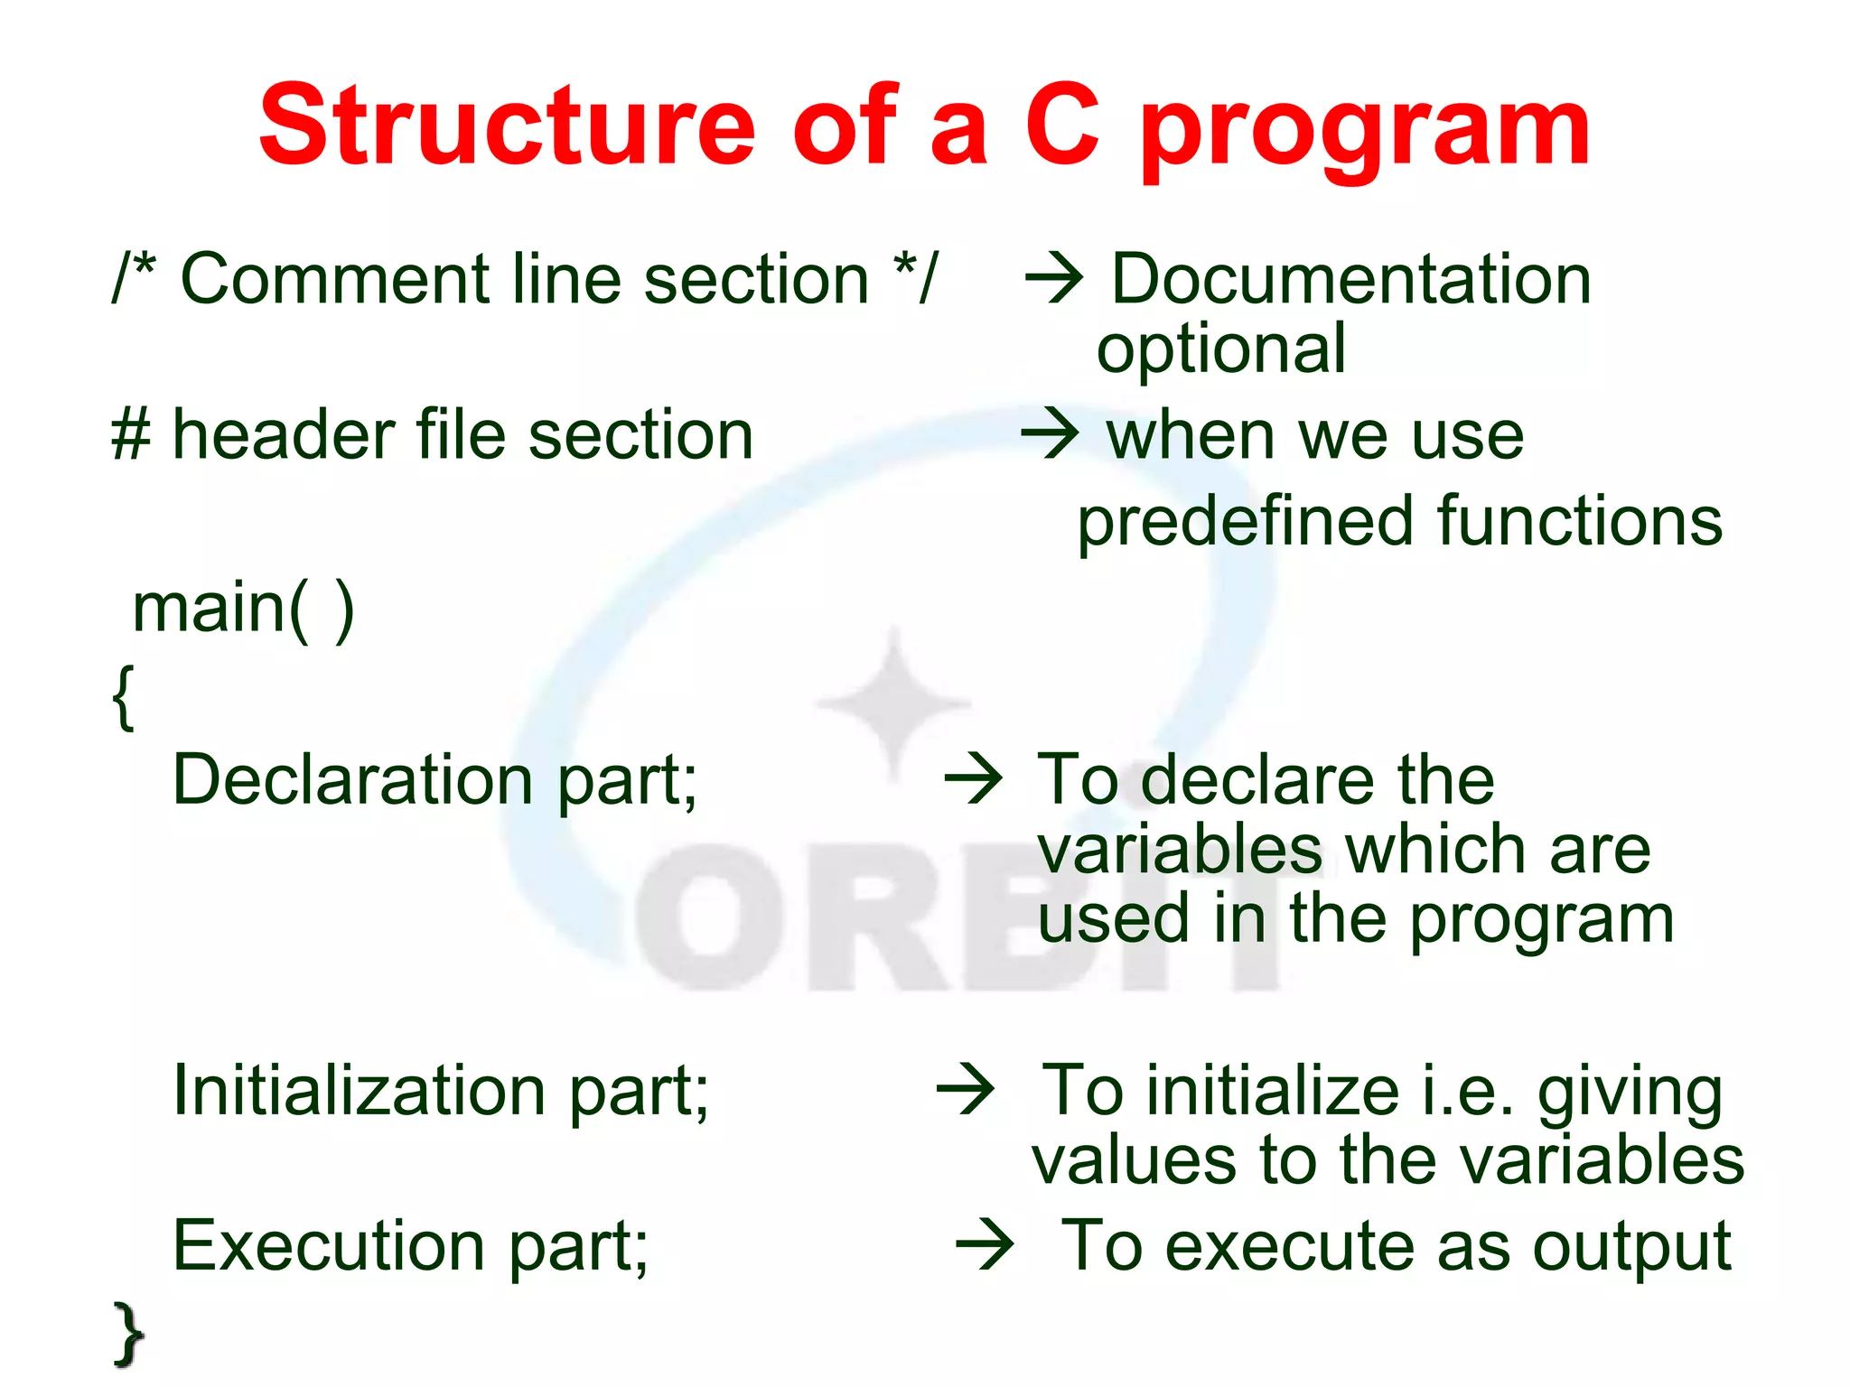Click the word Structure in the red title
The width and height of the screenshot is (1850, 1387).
pyautogui.click(x=506, y=126)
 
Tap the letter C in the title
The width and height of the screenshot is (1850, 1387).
pyautogui.click(x=1063, y=126)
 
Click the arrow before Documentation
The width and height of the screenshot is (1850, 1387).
pyautogui.click(x=1054, y=279)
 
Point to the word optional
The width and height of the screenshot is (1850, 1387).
pyautogui.click(x=1221, y=349)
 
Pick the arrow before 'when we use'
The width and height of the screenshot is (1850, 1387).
pyautogui.click(x=1050, y=434)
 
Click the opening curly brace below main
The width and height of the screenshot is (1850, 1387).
pyautogui.click(x=124, y=696)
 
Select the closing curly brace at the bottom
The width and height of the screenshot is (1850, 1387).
pyautogui.click(x=128, y=1334)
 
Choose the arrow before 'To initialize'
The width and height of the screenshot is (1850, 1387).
pyautogui.click(x=966, y=1090)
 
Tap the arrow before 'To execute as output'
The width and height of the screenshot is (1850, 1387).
pyautogui.click(x=986, y=1245)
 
